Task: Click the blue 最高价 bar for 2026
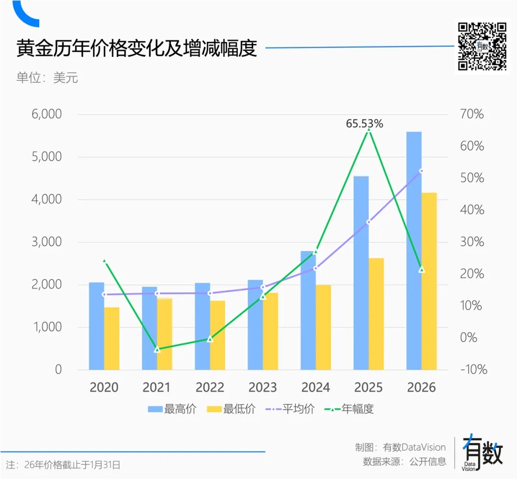tap(414, 249)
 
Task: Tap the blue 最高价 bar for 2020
tap(96, 325)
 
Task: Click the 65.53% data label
tap(365, 123)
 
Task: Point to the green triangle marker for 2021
tap(157, 349)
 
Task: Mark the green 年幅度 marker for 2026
tap(422, 270)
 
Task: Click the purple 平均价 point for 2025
tap(369, 222)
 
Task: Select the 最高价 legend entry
tap(172, 409)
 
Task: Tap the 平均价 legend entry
tap(290, 409)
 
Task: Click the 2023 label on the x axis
tap(262, 387)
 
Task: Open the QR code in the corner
tap(482, 46)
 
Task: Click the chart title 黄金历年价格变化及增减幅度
tap(137, 49)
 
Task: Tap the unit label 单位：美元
tap(47, 78)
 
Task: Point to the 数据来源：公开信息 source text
tap(405, 462)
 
